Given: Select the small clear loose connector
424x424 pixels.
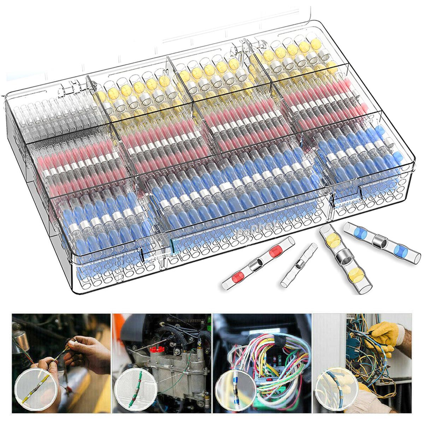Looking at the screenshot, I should pyautogui.click(x=299, y=265).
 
